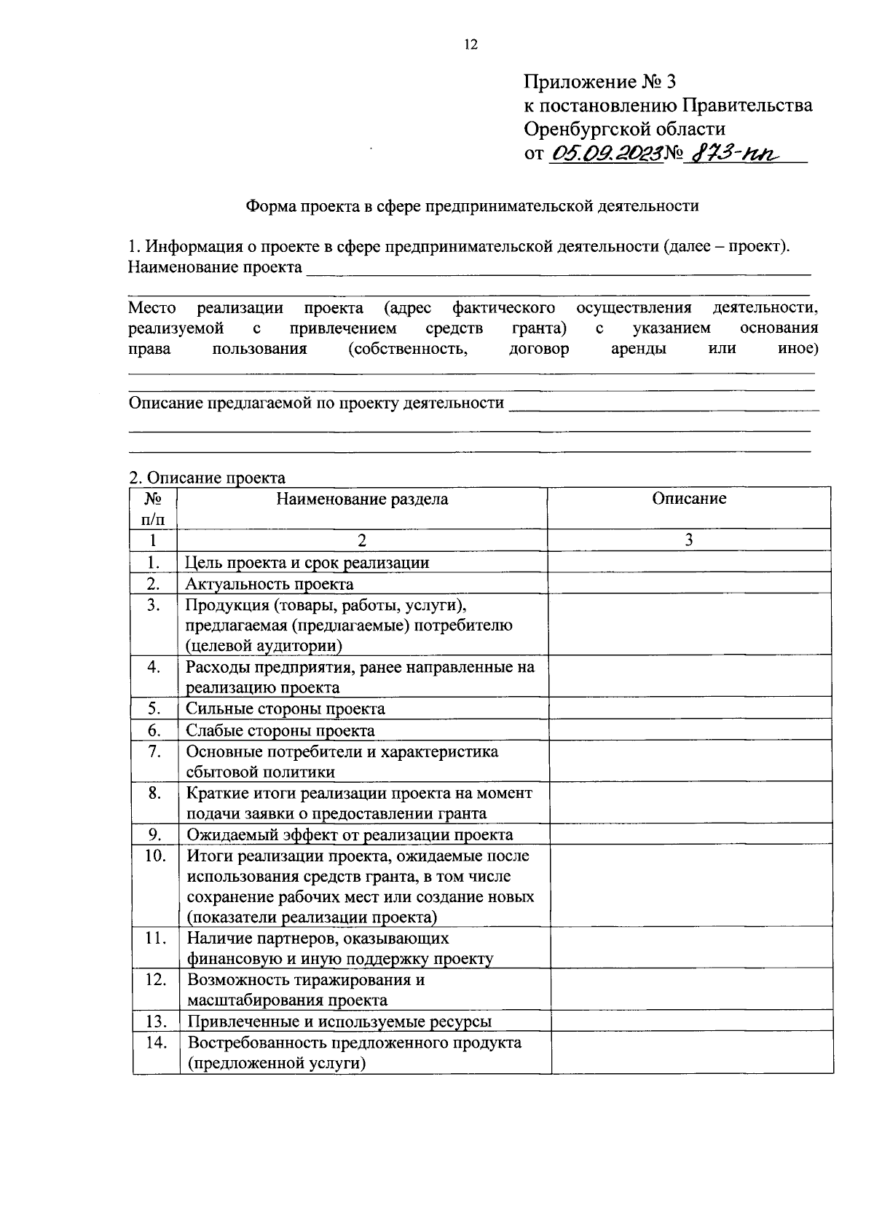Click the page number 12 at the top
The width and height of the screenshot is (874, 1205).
[469, 45]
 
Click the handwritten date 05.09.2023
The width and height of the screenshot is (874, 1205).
[607, 153]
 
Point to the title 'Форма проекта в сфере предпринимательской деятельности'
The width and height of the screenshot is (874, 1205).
[472, 206]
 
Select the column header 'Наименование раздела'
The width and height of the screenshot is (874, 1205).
[362, 499]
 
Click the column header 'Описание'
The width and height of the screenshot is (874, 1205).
[689, 499]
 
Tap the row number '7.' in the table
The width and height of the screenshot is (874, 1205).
[154, 751]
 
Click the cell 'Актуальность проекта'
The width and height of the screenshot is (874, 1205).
[269, 584]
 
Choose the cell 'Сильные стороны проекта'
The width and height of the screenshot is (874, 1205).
[286, 708]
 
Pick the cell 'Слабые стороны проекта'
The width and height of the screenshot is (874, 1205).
[280, 730]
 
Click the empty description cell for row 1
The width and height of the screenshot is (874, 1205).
[689, 562]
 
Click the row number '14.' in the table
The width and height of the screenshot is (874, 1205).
[156, 1043]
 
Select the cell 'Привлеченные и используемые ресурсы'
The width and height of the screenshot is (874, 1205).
[339, 1022]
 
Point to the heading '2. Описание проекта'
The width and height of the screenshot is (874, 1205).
[207, 478]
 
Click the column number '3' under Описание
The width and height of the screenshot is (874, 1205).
[689, 540]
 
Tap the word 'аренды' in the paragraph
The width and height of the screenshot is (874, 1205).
[638, 349]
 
